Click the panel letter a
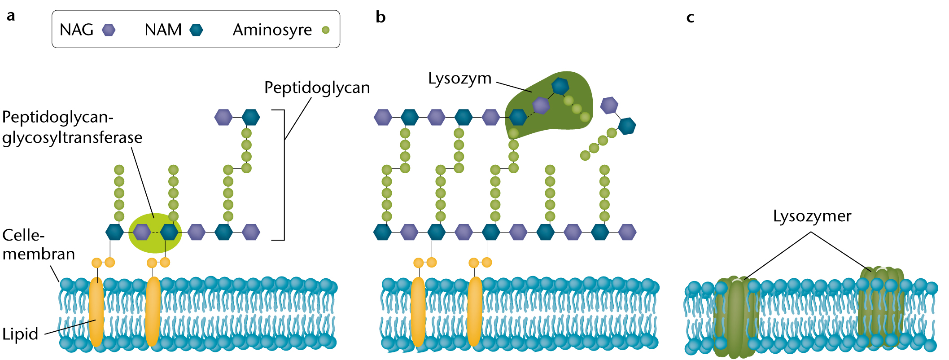[x=11, y=16]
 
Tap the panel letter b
[x=380, y=17]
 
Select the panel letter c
[x=691, y=18]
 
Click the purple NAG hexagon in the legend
[x=109, y=30]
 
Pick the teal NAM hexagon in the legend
[x=196, y=30]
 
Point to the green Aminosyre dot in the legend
[x=326, y=30]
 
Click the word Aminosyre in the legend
[x=272, y=30]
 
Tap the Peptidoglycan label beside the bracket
[x=317, y=88]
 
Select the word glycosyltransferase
[x=72, y=137]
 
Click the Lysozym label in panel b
[x=459, y=78]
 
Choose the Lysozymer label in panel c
[x=812, y=216]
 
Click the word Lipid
[x=20, y=334]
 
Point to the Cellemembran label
[x=38, y=245]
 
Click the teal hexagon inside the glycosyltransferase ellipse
[x=169, y=232]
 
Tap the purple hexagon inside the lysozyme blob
[x=541, y=105]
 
